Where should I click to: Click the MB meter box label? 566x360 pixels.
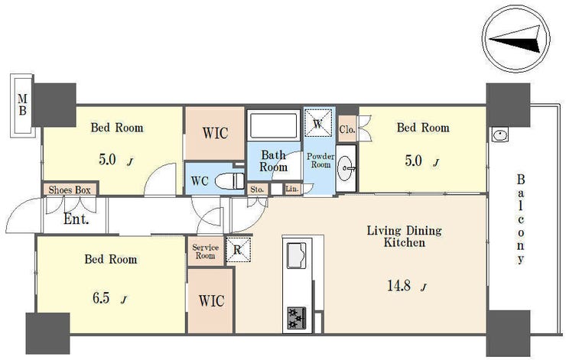(22, 105)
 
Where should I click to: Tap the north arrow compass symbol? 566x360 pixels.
(516, 39)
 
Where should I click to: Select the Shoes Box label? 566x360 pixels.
(70, 190)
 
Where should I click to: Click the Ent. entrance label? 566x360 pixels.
(76, 219)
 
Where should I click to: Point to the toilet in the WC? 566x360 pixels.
(230, 180)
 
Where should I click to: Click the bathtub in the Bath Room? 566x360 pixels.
(274, 125)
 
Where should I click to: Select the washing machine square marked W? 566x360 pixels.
(317, 123)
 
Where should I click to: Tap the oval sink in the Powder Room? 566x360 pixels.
(346, 168)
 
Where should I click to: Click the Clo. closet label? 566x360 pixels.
(347, 129)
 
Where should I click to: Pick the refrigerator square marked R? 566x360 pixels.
(238, 250)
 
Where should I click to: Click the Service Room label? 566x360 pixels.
(206, 251)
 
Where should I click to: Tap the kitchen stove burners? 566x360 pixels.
(297, 318)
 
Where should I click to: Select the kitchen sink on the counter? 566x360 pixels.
(296, 255)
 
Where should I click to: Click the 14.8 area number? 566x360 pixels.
(398, 286)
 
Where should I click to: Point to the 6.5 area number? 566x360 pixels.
(101, 298)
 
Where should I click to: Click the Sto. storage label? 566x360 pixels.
(257, 189)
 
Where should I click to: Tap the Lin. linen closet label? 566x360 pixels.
(292, 189)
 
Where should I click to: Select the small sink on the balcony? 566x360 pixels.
(500, 135)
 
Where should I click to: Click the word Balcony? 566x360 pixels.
(521, 219)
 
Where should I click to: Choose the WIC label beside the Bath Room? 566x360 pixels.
(215, 133)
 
